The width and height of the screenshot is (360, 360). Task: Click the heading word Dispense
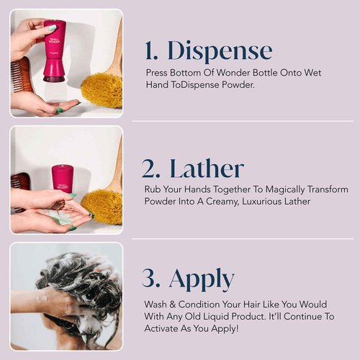(x=220, y=51)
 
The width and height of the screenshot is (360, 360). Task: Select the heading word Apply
(x=202, y=278)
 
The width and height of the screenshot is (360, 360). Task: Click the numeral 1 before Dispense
(x=151, y=51)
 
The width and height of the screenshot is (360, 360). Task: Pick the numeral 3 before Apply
(x=153, y=278)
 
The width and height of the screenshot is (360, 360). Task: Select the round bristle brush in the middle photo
(x=103, y=205)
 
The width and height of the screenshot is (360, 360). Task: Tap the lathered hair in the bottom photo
(x=72, y=288)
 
